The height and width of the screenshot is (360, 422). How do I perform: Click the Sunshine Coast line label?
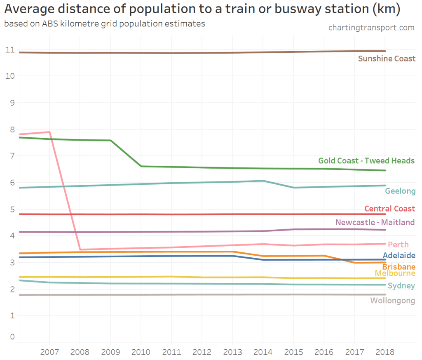tap(387, 59)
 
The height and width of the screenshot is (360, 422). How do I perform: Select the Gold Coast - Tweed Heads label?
tap(366, 160)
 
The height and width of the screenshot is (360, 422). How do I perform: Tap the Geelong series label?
tap(400, 191)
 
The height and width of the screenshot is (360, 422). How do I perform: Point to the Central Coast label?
tap(389, 209)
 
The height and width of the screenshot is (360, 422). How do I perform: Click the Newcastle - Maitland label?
tap(375, 222)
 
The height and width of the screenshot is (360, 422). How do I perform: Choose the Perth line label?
tap(398, 245)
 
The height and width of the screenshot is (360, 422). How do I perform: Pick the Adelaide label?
tap(399, 256)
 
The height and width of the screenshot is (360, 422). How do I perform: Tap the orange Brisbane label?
tap(399, 266)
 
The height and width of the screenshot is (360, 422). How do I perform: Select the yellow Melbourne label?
tap(395, 273)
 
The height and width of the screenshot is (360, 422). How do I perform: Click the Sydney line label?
tap(401, 286)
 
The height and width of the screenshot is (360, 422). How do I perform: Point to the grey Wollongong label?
tap(393, 301)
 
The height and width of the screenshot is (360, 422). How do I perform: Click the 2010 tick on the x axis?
tap(141, 352)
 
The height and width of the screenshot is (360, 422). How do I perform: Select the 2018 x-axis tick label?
tap(385, 352)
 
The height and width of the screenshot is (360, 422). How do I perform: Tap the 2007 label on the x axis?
tap(49, 352)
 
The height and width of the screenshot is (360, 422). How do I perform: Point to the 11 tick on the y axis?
tap(9, 50)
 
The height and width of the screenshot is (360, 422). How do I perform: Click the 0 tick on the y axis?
tap(12, 337)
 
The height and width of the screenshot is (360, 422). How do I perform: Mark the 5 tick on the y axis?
tap(12, 209)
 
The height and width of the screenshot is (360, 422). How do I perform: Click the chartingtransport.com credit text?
tap(371, 28)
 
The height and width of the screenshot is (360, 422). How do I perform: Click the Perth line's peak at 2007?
tap(49, 132)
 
